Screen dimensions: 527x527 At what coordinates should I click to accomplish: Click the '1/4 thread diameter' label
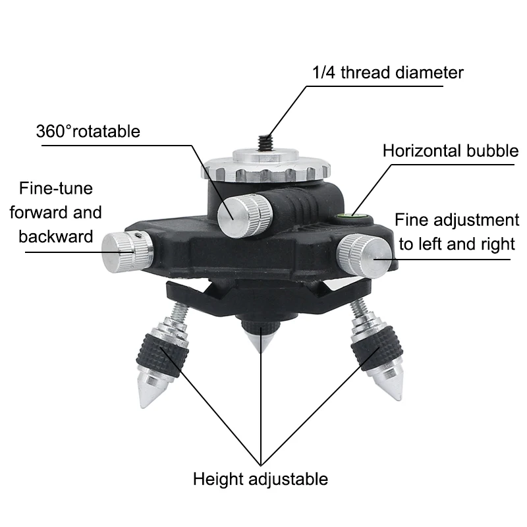[388, 72]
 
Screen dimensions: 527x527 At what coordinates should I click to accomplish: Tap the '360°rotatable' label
[88, 131]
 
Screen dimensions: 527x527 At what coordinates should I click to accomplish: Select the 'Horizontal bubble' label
[451, 151]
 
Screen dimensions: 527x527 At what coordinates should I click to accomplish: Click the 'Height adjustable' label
[260, 478]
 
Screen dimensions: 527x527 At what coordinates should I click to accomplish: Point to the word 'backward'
[56, 236]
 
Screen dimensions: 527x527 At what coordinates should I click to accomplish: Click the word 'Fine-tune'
[56, 188]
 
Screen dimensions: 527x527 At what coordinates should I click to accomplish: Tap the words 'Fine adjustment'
[457, 220]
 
